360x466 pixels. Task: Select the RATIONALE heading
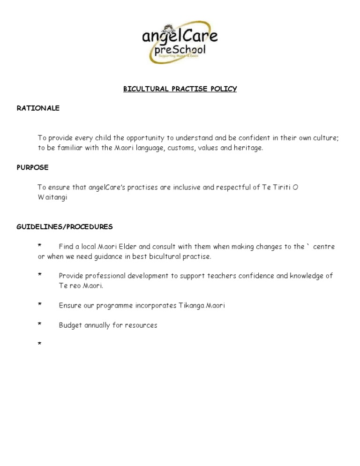click(38, 108)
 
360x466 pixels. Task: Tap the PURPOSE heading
click(32, 167)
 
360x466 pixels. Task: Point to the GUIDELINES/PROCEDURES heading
click(65, 226)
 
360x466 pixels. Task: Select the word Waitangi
click(52, 197)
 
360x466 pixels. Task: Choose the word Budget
click(70, 325)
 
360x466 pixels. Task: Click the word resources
click(141, 325)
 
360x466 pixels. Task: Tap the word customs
click(180, 148)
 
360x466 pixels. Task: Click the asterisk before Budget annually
click(40, 324)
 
